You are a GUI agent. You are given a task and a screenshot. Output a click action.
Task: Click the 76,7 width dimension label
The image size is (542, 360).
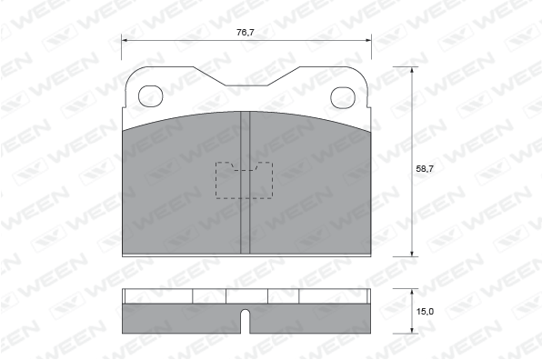click(245, 33)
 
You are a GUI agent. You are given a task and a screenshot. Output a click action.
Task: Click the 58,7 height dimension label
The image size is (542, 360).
click(425, 169)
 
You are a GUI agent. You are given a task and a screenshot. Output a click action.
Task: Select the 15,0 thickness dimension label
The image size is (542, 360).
click(425, 312)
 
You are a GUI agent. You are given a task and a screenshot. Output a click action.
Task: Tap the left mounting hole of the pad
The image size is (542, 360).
click(150, 96)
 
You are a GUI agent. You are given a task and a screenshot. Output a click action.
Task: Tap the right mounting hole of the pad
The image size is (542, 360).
click(343, 97)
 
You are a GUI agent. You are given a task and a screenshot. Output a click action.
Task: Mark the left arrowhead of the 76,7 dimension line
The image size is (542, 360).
click(125, 40)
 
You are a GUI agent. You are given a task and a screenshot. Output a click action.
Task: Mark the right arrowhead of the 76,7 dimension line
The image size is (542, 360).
click(368, 40)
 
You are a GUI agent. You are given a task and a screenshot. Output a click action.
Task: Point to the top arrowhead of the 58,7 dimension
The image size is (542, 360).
click(412, 70)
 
